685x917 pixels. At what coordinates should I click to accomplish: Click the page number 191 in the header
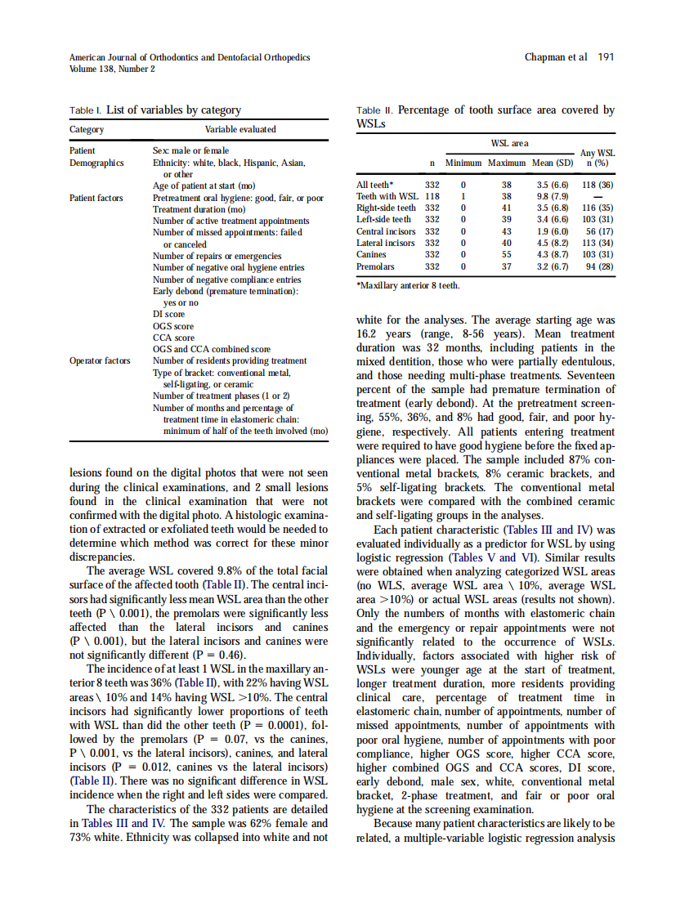tap(606, 57)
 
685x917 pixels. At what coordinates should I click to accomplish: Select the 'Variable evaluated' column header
tap(240, 129)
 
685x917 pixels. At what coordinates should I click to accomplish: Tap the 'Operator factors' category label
tap(100, 360)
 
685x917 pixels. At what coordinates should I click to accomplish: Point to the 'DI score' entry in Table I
tap(168, 314)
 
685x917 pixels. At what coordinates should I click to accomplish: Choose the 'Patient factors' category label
tap(96, 198)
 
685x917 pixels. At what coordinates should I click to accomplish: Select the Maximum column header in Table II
tap(506, 163)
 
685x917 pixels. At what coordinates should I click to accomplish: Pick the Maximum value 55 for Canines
tap(506, 255)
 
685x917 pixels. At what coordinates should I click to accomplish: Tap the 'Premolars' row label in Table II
tap(375, 266)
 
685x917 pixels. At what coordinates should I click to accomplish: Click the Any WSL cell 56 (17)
tap(597, 231)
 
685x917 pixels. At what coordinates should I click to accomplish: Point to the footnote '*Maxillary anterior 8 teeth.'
tap(408, 285)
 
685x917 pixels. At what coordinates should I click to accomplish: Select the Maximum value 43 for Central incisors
tap(506, 231)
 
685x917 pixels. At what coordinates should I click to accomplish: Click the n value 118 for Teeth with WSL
tap(432, 196)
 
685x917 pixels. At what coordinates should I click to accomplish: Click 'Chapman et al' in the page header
tap(556, 57)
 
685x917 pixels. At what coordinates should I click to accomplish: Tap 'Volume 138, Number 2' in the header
tap(112, 69)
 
